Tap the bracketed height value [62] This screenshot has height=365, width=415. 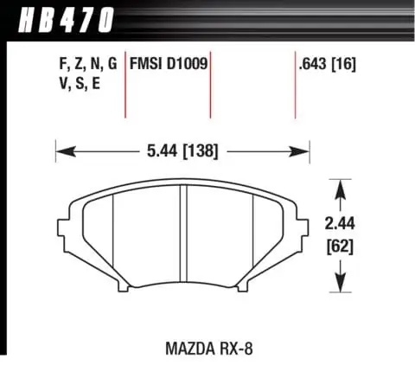[x=344, y=245]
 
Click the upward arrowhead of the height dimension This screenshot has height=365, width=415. [x=343, y=185]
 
